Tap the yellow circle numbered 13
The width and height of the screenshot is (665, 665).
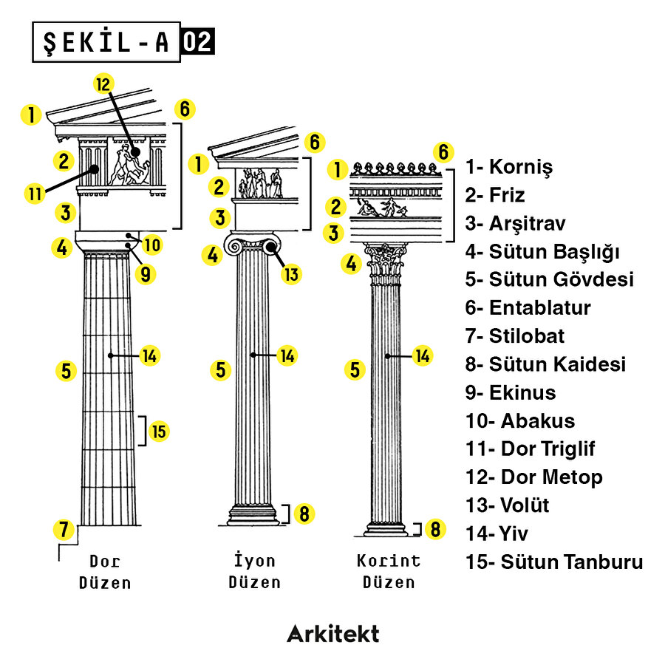292,274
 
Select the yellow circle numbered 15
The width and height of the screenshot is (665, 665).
160,431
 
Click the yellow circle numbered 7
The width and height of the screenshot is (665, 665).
65,529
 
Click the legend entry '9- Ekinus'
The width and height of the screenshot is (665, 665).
511,392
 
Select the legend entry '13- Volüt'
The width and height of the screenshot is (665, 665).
508,505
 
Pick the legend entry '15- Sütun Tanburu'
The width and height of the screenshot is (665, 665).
554,562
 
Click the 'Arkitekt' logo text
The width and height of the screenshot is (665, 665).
332,633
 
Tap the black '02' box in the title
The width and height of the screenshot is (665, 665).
197,41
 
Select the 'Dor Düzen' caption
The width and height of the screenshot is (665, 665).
105,571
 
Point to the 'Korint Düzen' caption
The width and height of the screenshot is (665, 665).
389,571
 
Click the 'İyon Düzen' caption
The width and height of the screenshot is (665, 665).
254,571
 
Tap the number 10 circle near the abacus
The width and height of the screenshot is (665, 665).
153,243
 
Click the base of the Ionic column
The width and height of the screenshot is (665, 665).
253,514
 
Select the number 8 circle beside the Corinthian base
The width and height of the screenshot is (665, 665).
435,529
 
